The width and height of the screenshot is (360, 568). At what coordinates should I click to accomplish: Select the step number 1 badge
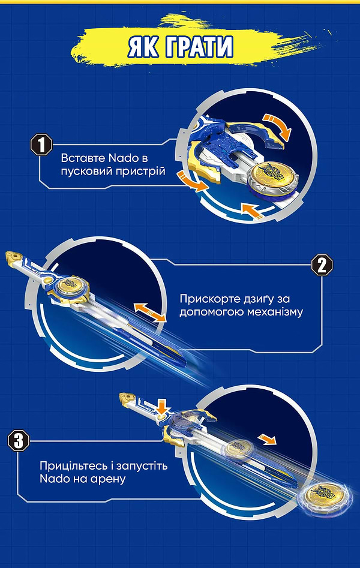(x=40, y=146)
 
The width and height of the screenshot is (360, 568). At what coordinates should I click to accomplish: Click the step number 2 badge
(x=321, y=265)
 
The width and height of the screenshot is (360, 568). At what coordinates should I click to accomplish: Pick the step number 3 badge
(x=19, y=441)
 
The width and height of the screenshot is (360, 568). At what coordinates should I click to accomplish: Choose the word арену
(x=108, y=480)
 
